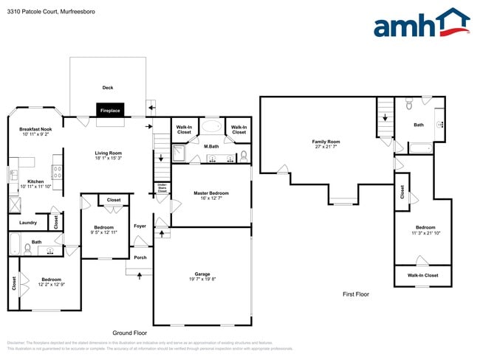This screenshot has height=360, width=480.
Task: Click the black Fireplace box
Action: click(111, 110)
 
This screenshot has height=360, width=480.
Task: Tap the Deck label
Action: click(108, 87)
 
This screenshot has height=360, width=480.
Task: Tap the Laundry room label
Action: click(28, 222)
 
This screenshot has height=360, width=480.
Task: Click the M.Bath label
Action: click(210, 146)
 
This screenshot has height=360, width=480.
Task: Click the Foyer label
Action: click(140, 226)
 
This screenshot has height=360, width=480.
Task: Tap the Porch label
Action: click(140, 257)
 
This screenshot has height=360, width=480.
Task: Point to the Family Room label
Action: click(326, 141)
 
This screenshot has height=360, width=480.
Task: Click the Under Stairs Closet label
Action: click(162, 188)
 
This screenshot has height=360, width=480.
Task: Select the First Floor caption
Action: click(355, 294)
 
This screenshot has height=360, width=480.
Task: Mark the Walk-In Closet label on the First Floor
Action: click(422, 275)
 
